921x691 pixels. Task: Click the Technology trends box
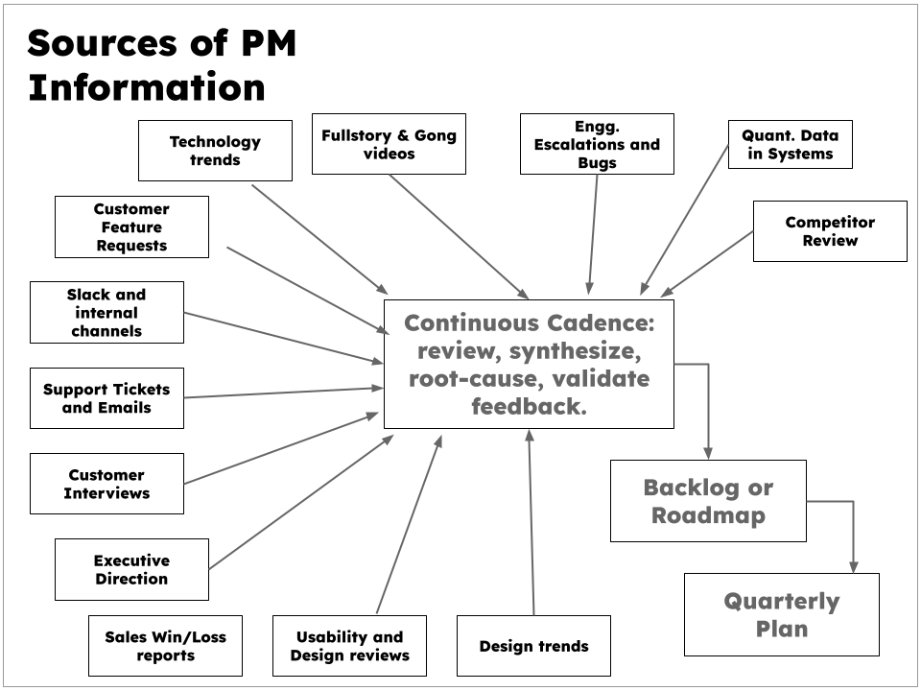click(215, 151)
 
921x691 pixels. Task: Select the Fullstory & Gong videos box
click(389, 144)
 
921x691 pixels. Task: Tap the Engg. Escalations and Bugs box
click(597, 144)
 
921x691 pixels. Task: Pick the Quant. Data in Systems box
click(790, 144)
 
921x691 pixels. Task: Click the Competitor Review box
click(830, 231)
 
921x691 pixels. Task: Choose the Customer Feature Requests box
click(131, 227)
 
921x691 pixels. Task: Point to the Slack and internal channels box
click(106, 312)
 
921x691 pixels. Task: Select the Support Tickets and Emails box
click(106, 398)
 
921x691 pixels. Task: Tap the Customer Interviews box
click(106, 484)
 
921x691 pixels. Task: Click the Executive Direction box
click(131, 569)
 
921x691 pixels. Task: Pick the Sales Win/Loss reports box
click(165, 646)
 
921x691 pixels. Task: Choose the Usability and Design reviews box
click(349, 646)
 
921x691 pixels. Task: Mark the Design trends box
click(533, 646)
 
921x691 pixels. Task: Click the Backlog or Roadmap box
click(708, 501)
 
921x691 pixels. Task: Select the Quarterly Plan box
click(781, 615)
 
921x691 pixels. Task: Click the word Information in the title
click(147, 87)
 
